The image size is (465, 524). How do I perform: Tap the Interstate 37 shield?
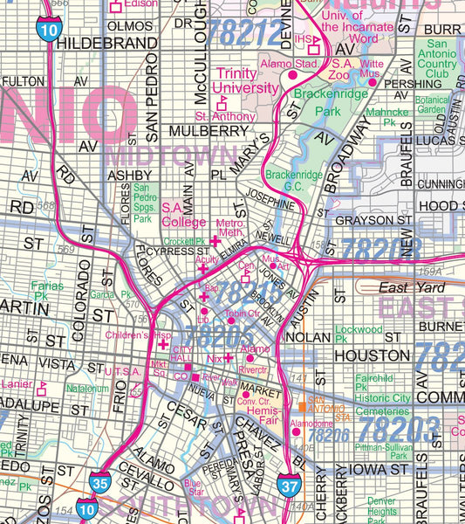289,482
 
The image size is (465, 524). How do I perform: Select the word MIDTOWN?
170,155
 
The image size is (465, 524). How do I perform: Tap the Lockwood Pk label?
359,333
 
